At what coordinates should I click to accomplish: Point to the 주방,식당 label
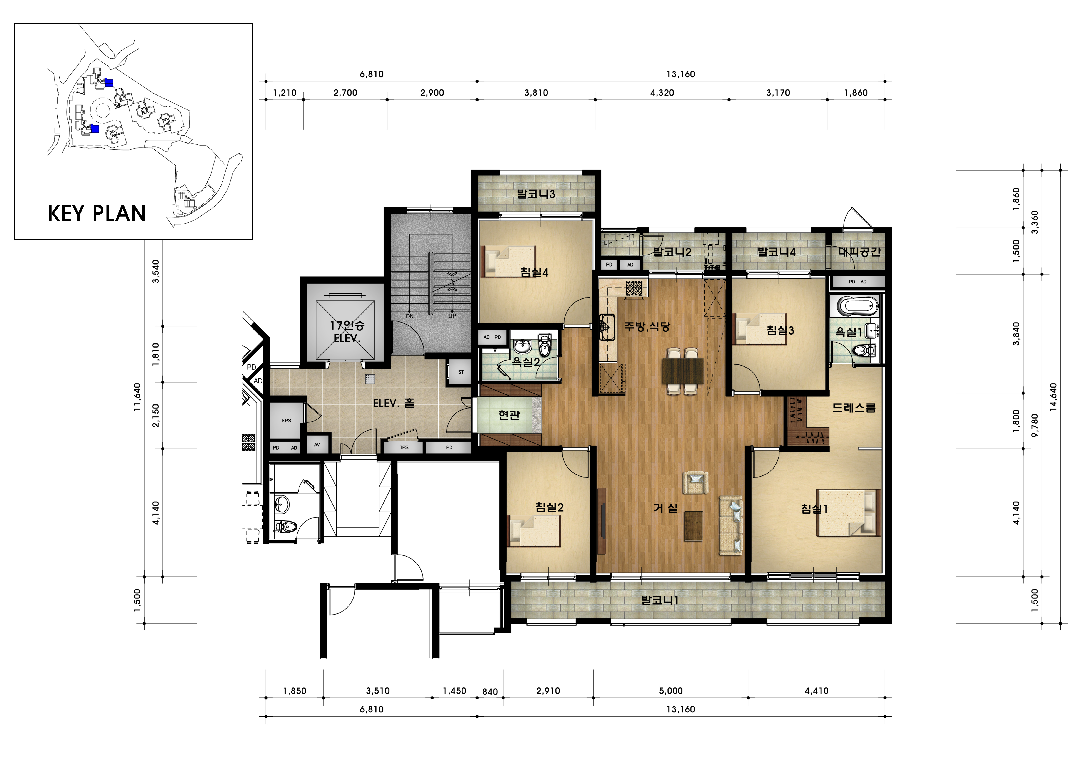647,327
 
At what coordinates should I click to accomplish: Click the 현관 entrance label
509,415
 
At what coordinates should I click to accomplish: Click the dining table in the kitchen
683,371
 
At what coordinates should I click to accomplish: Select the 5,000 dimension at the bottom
671,691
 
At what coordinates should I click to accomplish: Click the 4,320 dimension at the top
662,93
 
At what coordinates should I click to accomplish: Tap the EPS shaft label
287,421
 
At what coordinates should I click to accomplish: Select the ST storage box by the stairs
460,372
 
